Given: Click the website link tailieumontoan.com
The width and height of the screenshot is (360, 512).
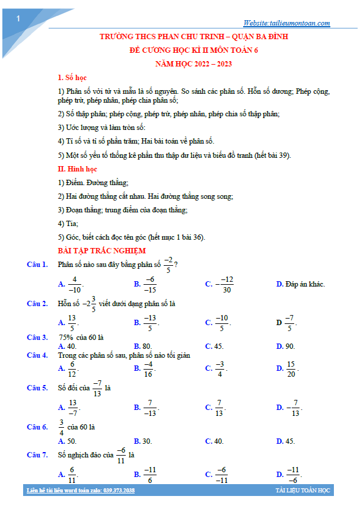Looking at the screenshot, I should tap(286, 23).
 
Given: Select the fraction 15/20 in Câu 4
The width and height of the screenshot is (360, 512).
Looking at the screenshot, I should tap(291, 369).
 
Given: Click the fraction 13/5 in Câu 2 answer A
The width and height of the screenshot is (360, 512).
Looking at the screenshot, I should tap(72, 323).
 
